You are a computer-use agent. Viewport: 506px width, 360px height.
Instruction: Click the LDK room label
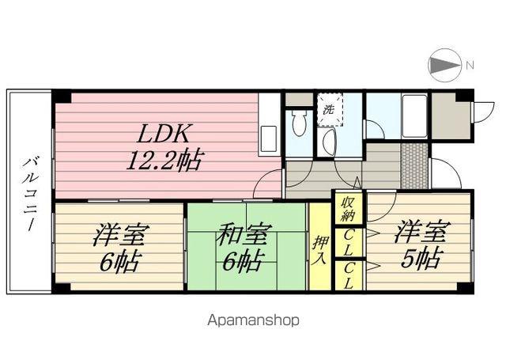[163, 133]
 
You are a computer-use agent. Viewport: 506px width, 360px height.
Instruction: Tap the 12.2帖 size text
[165, 160]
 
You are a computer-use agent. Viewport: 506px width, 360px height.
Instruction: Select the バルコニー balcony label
[30, 194]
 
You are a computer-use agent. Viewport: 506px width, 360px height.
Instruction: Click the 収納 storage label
[349, 208]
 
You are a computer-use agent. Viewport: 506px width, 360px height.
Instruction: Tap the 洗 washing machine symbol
[329, 109]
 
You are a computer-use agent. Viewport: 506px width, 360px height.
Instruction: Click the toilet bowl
[299, 123]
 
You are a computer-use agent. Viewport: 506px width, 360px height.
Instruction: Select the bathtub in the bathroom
[414, 116]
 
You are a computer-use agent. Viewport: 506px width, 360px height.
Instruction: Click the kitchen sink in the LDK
[269, 139]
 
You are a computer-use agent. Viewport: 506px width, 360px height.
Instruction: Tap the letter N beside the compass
[470, 66]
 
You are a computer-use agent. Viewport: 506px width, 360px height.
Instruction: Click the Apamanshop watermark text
[253, 320]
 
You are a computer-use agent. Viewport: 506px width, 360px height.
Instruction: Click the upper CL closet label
[348, 244]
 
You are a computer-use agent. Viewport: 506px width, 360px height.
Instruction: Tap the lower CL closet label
[348, 276]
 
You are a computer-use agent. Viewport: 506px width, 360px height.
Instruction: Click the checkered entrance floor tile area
[414, 165]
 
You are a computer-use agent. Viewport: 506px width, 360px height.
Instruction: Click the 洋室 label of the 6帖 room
[121, 234]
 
